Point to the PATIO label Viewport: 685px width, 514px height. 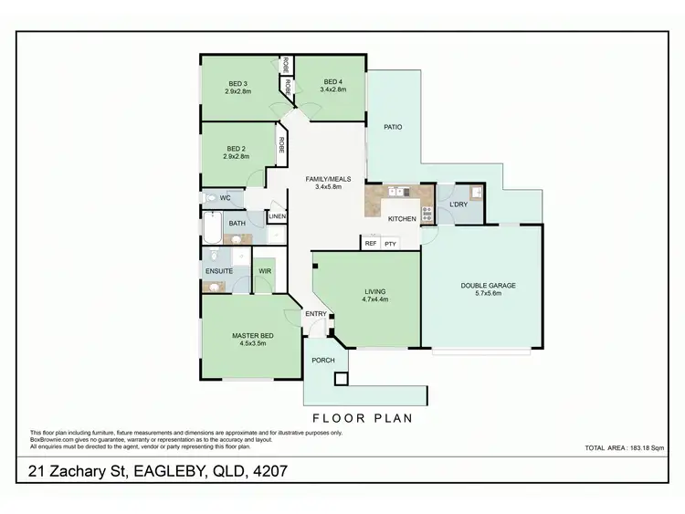click(393, 127)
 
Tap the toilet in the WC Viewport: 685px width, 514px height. click(210, 197)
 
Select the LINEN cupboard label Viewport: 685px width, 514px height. click(278, 216)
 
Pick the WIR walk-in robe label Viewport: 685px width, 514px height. click(264, 271)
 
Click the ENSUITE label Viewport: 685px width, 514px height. click(219, 271)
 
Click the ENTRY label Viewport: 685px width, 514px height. click(316, 314)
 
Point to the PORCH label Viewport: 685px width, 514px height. click(323, 360)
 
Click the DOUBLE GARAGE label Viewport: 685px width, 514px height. click(488, 286)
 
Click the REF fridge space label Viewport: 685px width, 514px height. click(371, 244)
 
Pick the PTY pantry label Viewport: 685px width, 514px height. click(390, 244)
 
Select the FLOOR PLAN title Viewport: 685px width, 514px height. click(363, 418)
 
